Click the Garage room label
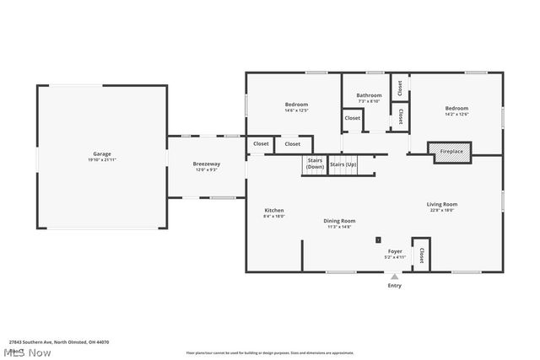pos(102,154)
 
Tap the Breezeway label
pos(207,164)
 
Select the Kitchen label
pos(274,210)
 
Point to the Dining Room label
pos(339,221)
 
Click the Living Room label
pos(441,204)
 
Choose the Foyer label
pos(395,251)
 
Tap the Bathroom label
pos(369,95)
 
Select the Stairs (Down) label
pos(315,163)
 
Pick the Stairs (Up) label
pos(343,164)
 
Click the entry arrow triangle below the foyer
pos(394,277)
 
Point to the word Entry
pos(394,286)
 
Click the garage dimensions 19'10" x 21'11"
pos(102,160)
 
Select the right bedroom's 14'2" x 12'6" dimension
pos(456,115)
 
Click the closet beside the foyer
pos(420,254)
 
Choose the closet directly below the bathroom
pos(352,118)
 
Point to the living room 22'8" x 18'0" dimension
pos(441,211)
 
